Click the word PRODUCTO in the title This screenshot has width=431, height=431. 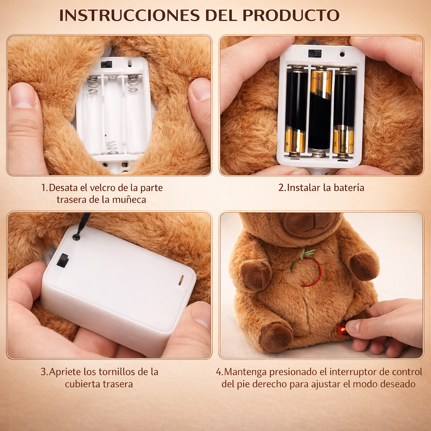pos(291,15)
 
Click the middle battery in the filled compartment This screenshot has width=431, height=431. pos(320,110)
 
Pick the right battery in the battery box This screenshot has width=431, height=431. pos(344,110)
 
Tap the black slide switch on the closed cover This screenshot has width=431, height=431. pos(63,260)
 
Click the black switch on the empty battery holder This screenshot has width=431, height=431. pos(106,64)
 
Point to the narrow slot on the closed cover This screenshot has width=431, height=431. pos(181,280)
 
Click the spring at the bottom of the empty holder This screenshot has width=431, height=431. pos(112,147)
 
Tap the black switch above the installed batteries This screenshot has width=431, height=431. pos(314,53)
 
